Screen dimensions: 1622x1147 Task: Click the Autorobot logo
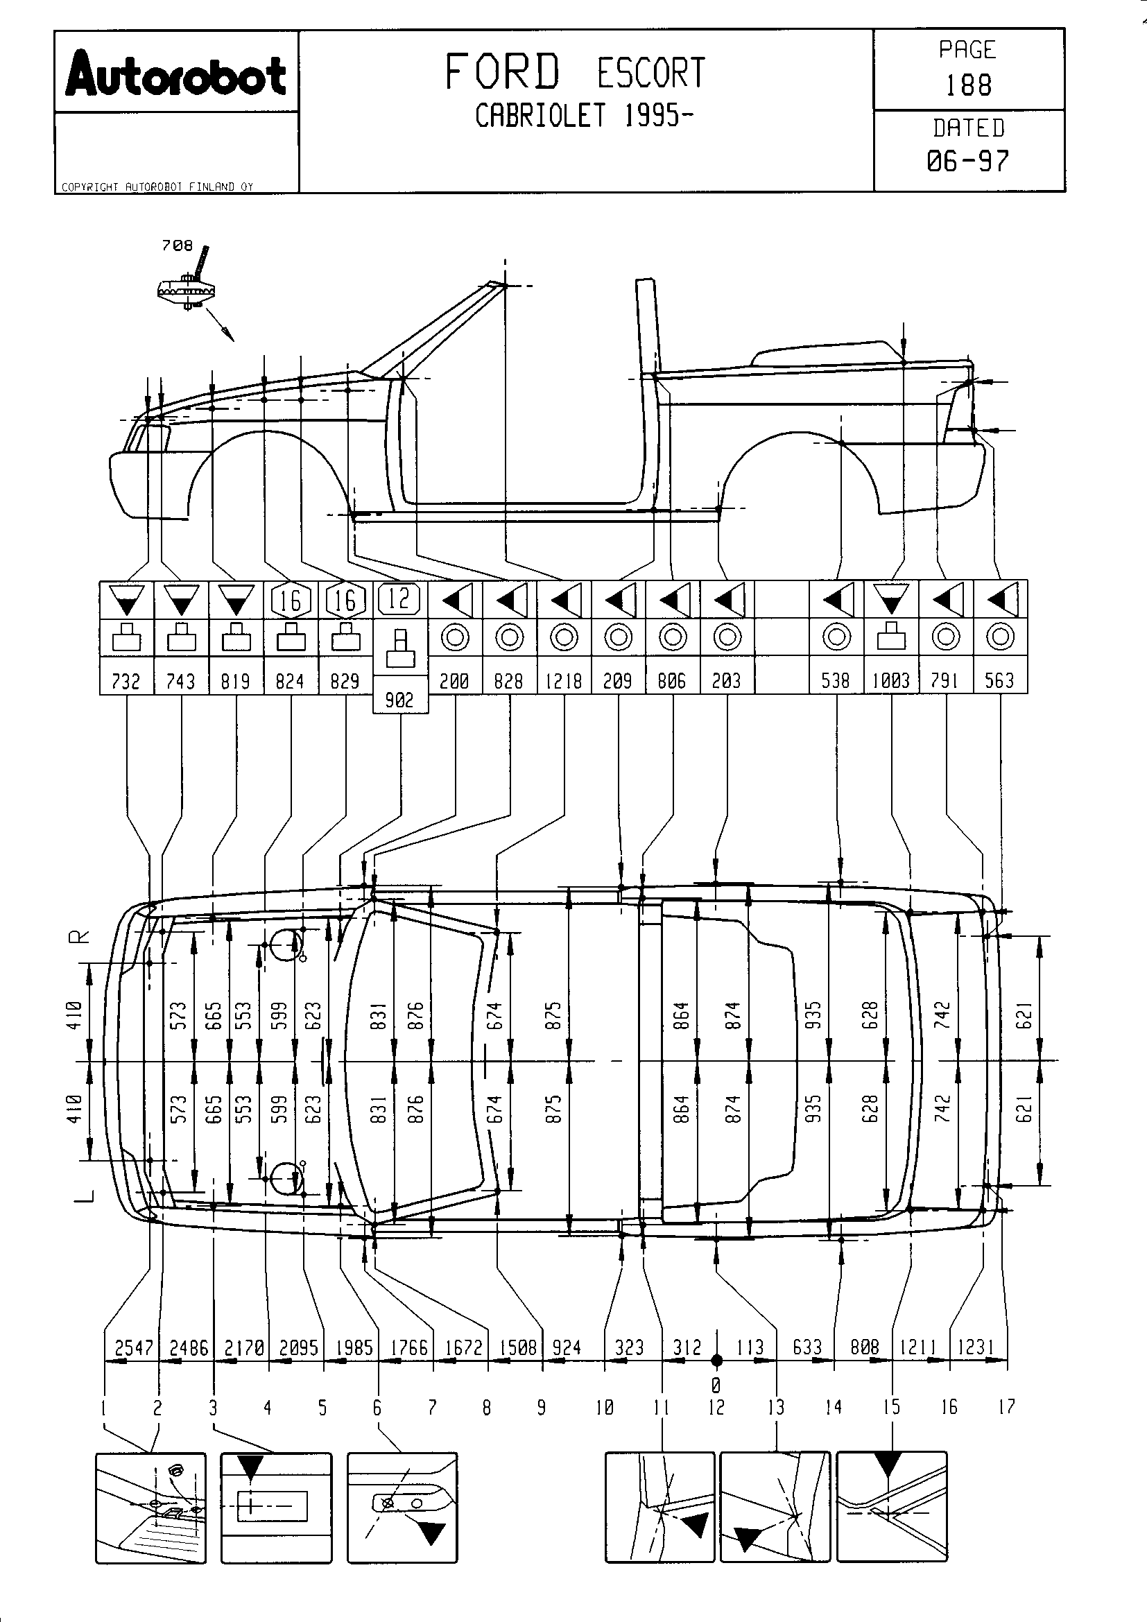click(x=176, y=74)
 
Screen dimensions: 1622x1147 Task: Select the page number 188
click(x=968, y=85)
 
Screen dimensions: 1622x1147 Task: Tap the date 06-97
click(x=967, y=161)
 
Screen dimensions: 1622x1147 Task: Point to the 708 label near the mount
click(x=177, y=245)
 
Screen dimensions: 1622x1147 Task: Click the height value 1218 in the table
click(x=564, y=680)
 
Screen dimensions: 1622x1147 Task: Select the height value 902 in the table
click(x=399, y=700)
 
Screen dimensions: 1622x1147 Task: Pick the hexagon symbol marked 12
click(x=399, y=599)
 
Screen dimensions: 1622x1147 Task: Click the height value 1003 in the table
click(x=890, y=680)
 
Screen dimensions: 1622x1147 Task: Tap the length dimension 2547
click(x=133, y=1347)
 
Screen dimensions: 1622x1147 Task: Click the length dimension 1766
click(x=409, y=1347)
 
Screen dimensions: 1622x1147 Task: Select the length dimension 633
click(x=807, y=1347)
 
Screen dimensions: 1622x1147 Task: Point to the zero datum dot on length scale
click(x=716, y=1359)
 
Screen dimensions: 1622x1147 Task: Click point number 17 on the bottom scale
click(x=1006, y=1406)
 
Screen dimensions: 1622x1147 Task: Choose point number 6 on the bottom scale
click(x=377, y=1408)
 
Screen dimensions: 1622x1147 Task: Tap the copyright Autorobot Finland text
click(x=157, y=187)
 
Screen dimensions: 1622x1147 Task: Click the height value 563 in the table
click(x=999, y=680)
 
